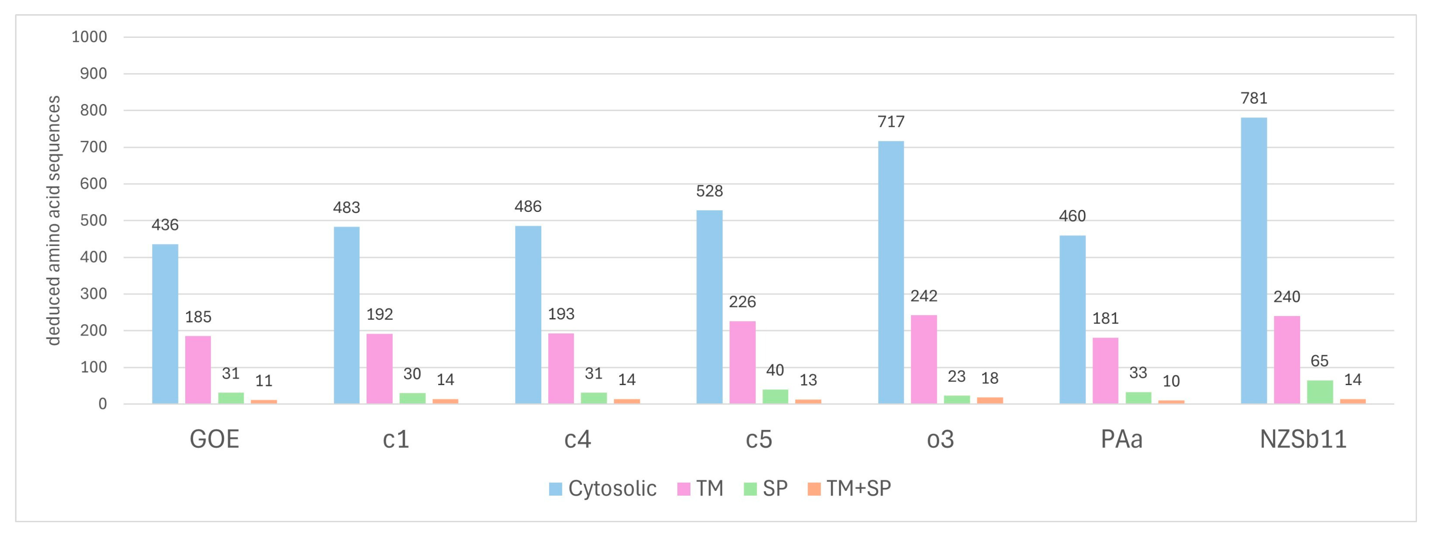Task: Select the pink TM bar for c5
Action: (x=742, y=362)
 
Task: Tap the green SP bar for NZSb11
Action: (x=1320, y=392)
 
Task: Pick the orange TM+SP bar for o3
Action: (x=990, y=400)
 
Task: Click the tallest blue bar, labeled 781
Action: (x=1254, y=260)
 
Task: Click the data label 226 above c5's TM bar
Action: (x=742, y=302)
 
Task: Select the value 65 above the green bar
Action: (x=1320, y=361)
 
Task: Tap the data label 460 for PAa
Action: (x=1072, y=216)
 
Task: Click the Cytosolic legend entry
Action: (x=603, y=489)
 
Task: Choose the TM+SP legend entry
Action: (x=849, y=489)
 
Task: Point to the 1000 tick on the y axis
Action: (x=89, y=37)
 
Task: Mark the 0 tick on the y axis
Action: (x=103, y=404)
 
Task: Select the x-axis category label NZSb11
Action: (x=1303, y=440)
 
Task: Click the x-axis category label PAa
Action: (x=1121, y=440)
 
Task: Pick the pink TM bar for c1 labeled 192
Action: (x=379, y=368)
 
